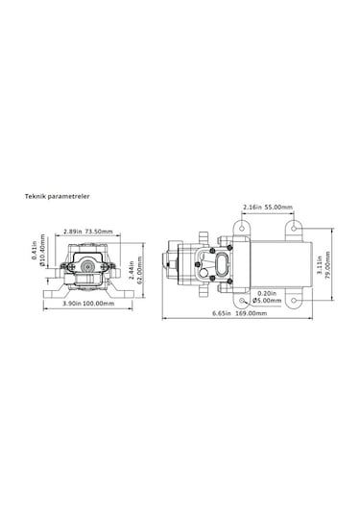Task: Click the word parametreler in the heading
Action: (x=72, y=194)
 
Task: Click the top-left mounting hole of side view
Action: (x=240, y=227)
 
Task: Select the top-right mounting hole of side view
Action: (x=293, y=227)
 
